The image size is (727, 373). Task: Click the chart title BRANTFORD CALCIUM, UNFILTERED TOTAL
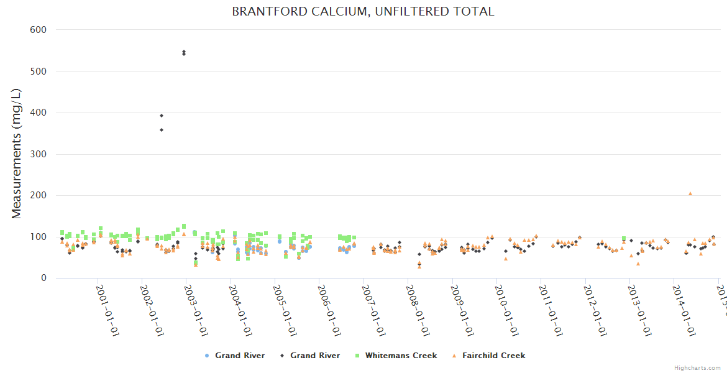coord(363,11)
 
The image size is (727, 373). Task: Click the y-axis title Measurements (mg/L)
coord(17,154)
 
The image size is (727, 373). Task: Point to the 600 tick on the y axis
coord(39,30)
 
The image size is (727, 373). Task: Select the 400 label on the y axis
coord(39,113)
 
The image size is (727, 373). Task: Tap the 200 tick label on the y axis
coord(39,195)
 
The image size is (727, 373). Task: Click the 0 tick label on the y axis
coord(43,278)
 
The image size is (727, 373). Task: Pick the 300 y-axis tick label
coord(39,154)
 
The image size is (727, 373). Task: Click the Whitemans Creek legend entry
coord(401,356)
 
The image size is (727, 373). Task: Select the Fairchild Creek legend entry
coord(493,356)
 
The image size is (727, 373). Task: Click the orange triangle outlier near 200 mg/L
coord(690,193)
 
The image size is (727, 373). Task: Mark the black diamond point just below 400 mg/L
coord(162,116)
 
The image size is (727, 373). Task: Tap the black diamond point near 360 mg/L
coord(162,129)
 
